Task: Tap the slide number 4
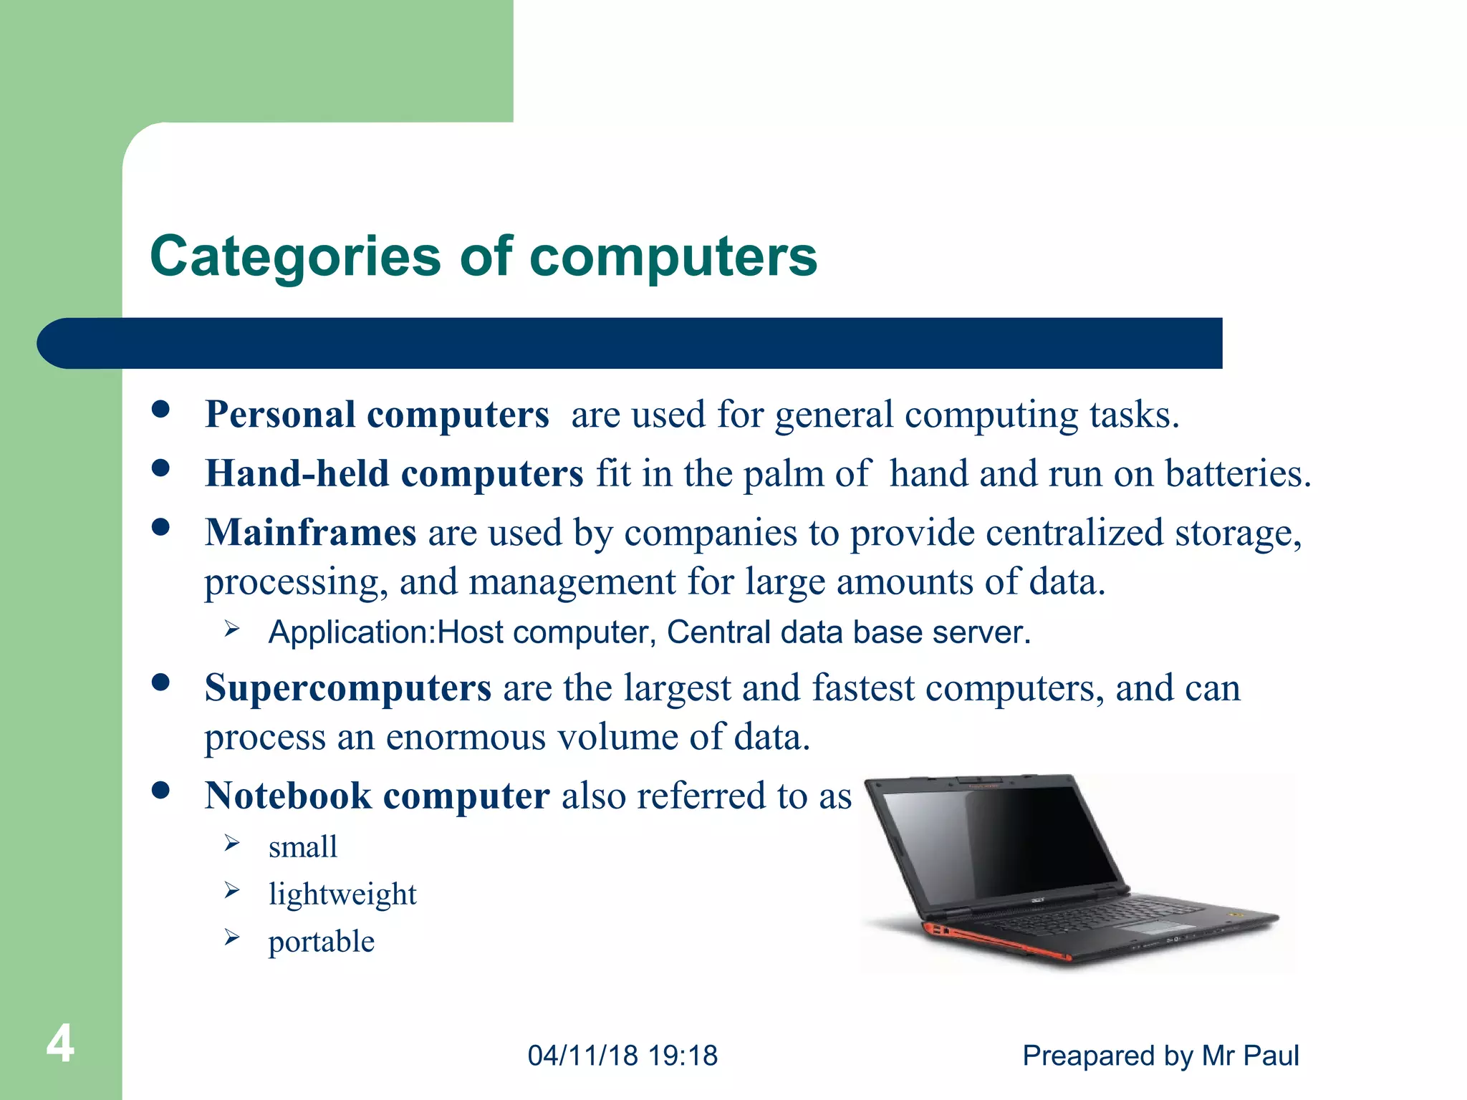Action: (60, 1043)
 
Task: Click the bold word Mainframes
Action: (310, 534)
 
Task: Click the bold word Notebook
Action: (288, 796)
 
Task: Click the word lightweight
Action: (342, 894)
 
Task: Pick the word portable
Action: (321, 942)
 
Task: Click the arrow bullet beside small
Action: (231, 844)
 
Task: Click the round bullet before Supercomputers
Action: (160, 682)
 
